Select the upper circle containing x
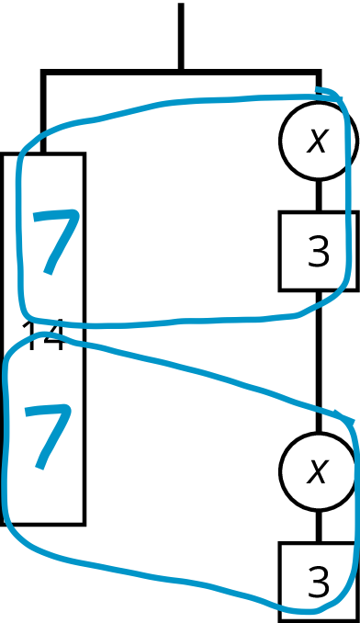pos(317,141)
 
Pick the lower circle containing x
pos(317,472)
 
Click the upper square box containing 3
pos(318,251)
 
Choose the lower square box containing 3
pos(318,582)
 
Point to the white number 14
pos(42,338)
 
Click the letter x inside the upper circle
pos(317,141)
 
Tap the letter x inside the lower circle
pos(317,472)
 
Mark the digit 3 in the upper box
pos(318,252)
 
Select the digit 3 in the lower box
pos(318,583)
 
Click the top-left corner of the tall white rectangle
pos(5,156)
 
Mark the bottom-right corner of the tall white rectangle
pos(82,521)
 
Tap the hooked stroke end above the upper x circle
pos(321,90)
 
